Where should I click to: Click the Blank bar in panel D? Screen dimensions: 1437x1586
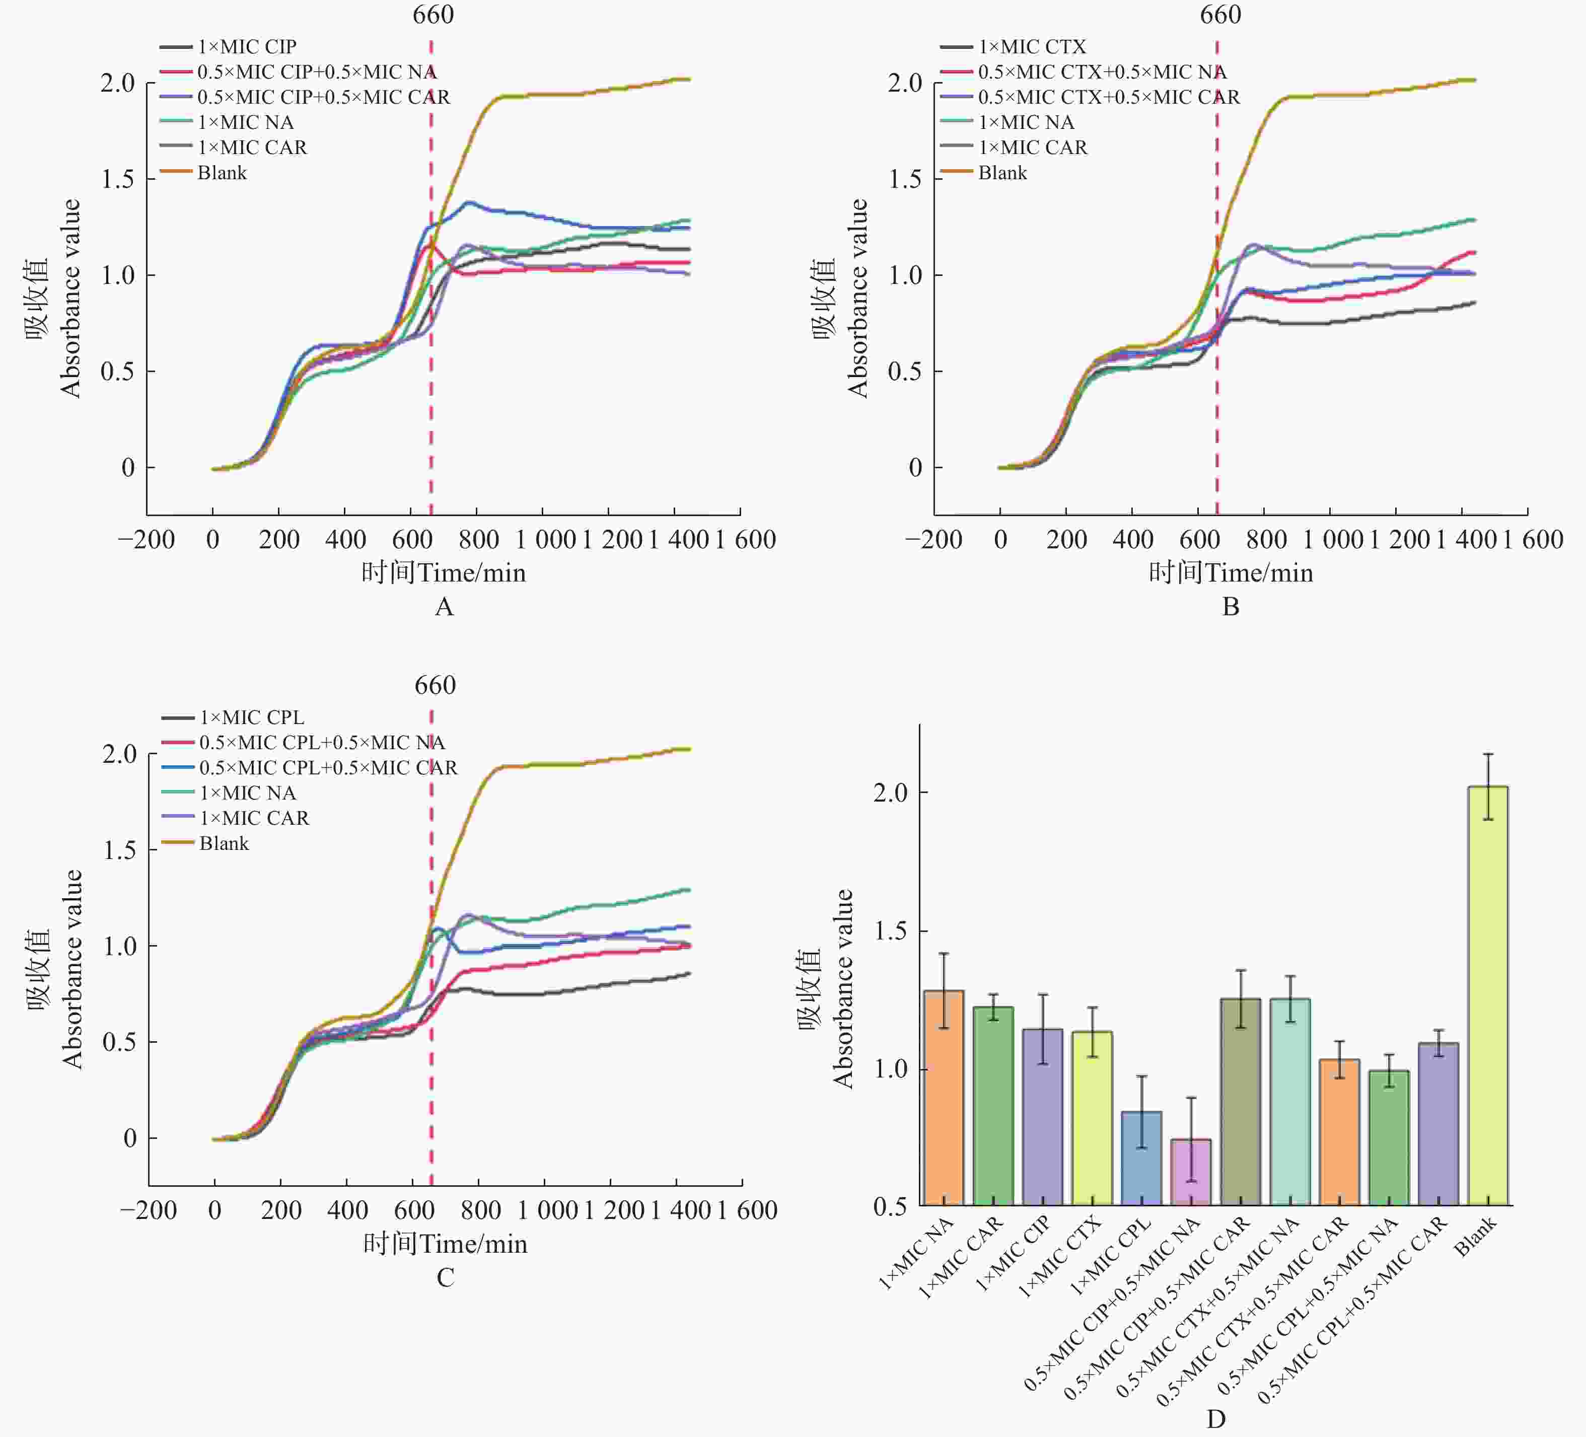[x=1488, y=995]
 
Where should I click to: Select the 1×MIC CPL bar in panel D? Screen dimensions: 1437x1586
[x=1141, y=1158]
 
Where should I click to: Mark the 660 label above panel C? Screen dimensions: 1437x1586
[x=435, y=685]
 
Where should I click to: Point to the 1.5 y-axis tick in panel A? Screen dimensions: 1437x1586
[x=117, y=179]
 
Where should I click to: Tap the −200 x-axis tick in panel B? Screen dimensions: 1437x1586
[x=933, y=540]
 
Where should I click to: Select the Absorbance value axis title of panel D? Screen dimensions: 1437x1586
[x=843, y=989]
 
